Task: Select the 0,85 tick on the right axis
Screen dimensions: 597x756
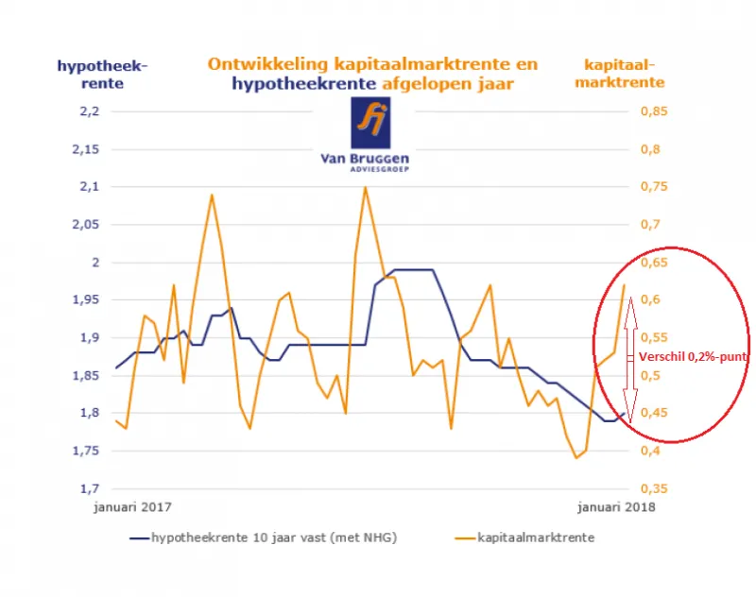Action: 654,111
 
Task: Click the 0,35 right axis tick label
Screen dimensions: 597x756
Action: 654,488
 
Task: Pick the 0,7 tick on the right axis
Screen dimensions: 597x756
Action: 650,225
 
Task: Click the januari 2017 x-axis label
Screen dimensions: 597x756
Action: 133,507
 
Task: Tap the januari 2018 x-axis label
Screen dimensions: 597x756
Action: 616,507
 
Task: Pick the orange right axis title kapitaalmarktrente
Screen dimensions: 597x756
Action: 624,73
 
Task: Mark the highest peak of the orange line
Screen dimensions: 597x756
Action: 365,187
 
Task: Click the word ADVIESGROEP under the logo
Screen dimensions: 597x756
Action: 372,172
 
